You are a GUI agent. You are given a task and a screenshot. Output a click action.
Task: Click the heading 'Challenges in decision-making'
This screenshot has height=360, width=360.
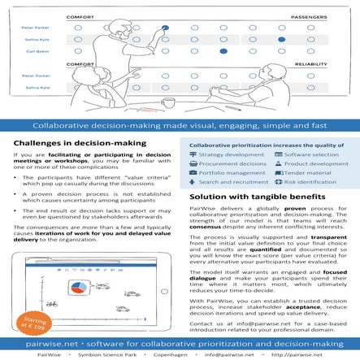tap(80, 142)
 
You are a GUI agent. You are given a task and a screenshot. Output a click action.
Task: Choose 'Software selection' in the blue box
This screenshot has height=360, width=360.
tap(310, 153)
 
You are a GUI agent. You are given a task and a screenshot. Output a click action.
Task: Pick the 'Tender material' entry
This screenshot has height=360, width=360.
tap(304, 172)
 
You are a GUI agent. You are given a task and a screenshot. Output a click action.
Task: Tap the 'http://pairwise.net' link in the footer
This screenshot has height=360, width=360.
tap(320, 353)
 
